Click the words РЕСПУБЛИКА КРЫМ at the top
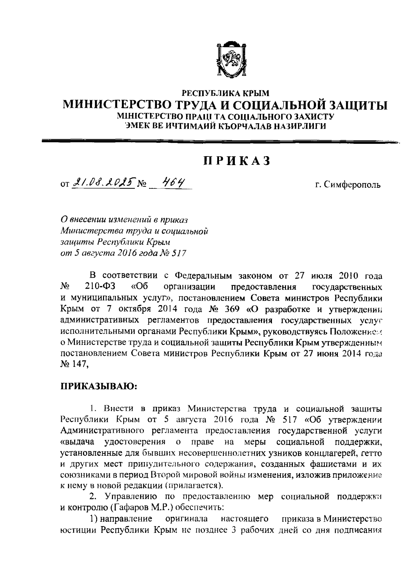click(226, 93)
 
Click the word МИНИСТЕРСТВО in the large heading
click(118, 104)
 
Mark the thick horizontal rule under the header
click(220, 141)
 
